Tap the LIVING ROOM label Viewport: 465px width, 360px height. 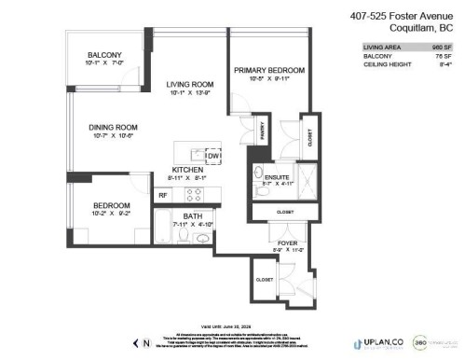point(178,83)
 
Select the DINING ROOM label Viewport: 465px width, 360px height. point(113,127)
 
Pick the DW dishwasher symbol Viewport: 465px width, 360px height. point(212,156)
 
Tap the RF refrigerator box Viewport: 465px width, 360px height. point(162,195)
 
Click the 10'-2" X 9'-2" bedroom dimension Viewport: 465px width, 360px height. point(110,214)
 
